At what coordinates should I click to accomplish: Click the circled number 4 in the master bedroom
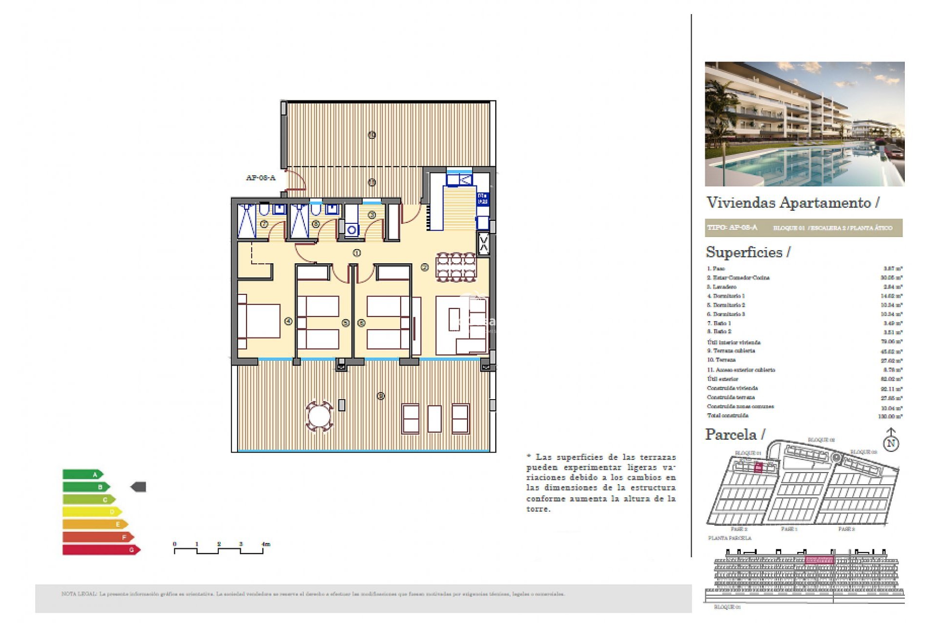click(x=288, y=321)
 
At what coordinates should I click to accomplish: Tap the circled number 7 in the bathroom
click(x=264, y=224)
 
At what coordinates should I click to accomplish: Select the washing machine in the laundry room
click(x=352, y=230)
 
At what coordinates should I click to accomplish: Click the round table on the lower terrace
click(x=319, y=417)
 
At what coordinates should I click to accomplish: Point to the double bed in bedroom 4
click(x=260, y=321)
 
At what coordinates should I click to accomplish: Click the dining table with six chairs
click(x=456, y=267)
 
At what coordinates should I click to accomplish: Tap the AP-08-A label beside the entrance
click(x=261, y=178)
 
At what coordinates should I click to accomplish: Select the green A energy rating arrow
click(x=82, y=474)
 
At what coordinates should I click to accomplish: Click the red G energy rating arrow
click(x=101, y=550)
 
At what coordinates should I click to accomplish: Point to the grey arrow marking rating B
click(x=139, y=487)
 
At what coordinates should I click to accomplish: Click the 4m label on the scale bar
click(x=265, y=544)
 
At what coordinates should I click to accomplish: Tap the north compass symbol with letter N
click(x=891, y=443)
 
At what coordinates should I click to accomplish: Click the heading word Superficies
click(x=744, y=252)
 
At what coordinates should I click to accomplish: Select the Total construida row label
click(x=728, y=416)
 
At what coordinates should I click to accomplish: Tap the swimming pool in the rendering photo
click(x=799, y=165)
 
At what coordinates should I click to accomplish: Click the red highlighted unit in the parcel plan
click(x=758, y=468)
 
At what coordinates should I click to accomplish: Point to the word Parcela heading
click(x=731, y=434)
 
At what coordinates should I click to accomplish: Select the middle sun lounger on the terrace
click(x=434, y=419)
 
